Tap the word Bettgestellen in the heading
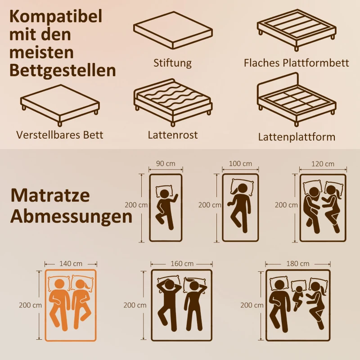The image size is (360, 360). click(x=62, y=70)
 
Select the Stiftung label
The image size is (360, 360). click(x=172, y=63)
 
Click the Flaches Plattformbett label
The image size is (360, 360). click(x=296, y=63)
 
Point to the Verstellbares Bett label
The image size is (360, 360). click(x=60, y=135)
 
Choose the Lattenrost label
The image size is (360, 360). click(x=172, y=135)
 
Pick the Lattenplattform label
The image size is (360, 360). click(x=297, y=137)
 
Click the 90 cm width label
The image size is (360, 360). click(x=166, y=164)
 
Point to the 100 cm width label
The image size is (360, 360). click(x=240, y=164)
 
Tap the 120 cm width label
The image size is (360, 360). click(x=323, y=164)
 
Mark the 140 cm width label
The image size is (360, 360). click(x=70, y=263)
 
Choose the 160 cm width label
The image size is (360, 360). click(x=182, y=263)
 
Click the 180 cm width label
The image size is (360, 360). click(x=298, y=263)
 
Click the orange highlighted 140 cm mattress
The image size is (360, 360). click(x=70, y=305)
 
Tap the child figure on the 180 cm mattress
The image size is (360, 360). click(x=298, y=295)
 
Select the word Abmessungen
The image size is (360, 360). click(x=71, y=216)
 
